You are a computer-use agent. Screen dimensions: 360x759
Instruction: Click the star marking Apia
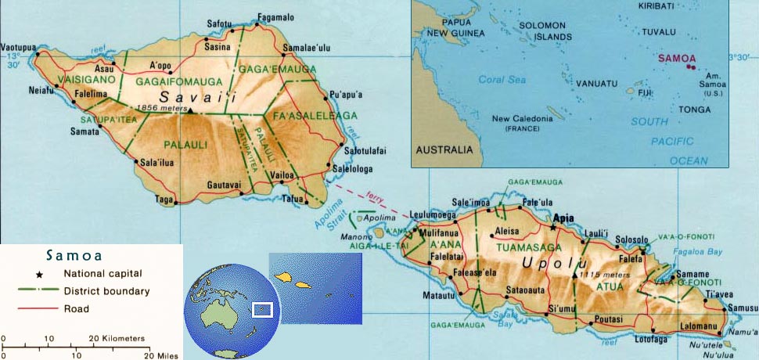coord(554,227)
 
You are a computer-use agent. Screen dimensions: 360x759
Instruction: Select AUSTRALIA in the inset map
coord(444,149)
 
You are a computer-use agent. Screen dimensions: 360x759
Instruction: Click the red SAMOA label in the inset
coord(674,58)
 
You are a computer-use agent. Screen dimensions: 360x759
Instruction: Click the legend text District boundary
coord(106,291)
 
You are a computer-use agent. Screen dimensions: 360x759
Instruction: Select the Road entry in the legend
coord(77,308)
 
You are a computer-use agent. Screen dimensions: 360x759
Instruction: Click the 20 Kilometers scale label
coord(119,338)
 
